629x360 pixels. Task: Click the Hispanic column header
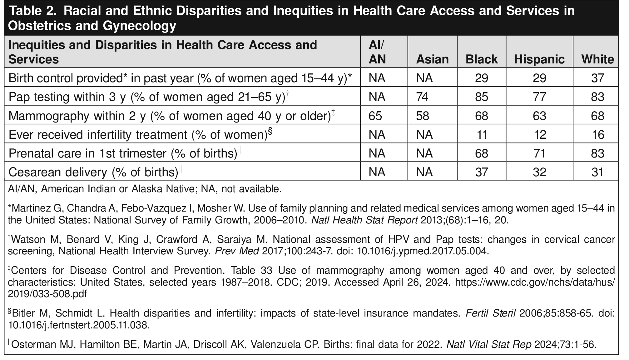click(539, 59)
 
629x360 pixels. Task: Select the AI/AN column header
click(377, 52)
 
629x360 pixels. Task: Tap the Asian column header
click(432, 59)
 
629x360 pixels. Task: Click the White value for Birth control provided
click(597, 78)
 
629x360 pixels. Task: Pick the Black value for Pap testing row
click(481, 97)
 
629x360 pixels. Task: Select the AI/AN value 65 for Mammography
click(375, 116)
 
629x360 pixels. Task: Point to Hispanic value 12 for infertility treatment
click(540, 135)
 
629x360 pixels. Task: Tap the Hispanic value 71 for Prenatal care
click(539, 153)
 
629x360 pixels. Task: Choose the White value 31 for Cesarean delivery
click(597, 172)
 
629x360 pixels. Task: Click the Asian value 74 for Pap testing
click(423, 97)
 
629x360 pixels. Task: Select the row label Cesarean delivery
click(93, 172)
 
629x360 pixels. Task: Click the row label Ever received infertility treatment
click(137, 135)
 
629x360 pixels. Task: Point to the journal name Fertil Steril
click(490, 313)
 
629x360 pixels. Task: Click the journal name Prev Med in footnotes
click(237, 251)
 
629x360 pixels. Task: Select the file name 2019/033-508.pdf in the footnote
click(47, 294)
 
